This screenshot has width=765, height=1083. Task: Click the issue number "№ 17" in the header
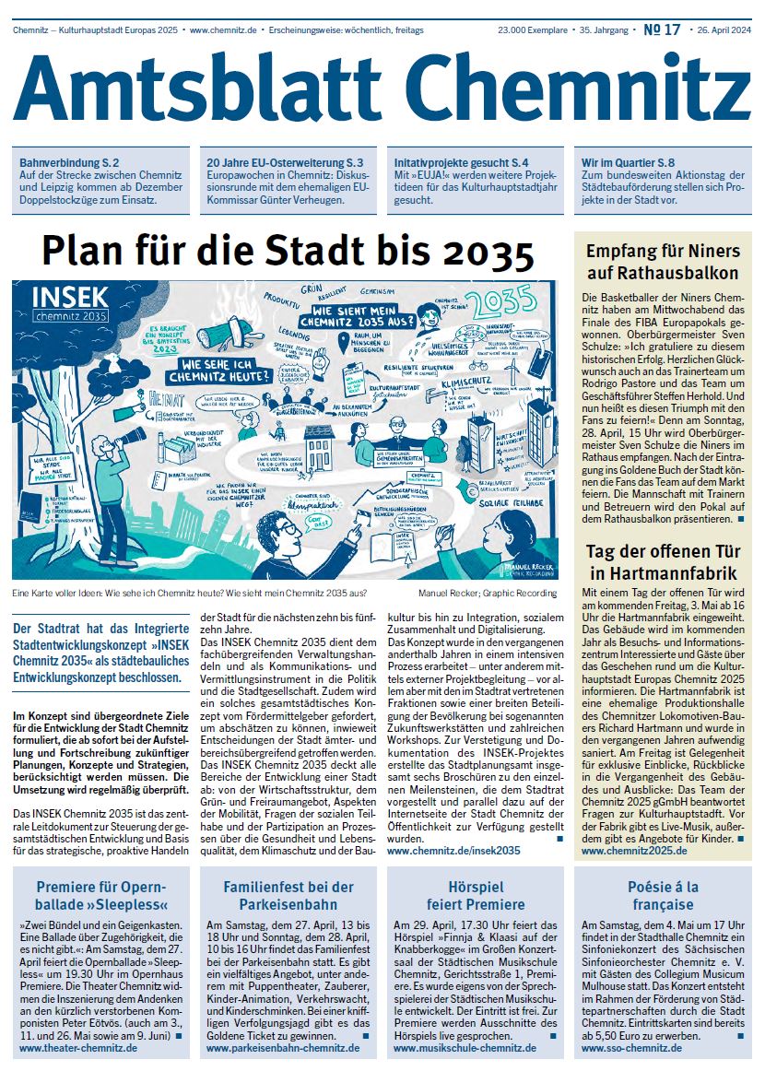point(662,29)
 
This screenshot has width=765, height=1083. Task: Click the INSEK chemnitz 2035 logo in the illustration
point(70,304)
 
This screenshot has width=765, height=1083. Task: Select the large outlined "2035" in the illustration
point(505,301)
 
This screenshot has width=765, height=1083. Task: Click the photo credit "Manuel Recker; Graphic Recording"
point(487,593)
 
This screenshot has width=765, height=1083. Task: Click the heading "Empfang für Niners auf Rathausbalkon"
point(663,262)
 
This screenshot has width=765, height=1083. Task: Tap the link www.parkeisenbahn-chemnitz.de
point(282,1048)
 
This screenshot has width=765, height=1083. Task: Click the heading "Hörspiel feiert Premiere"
point(474,895)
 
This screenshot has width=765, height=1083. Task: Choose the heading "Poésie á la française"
point(663,895)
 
